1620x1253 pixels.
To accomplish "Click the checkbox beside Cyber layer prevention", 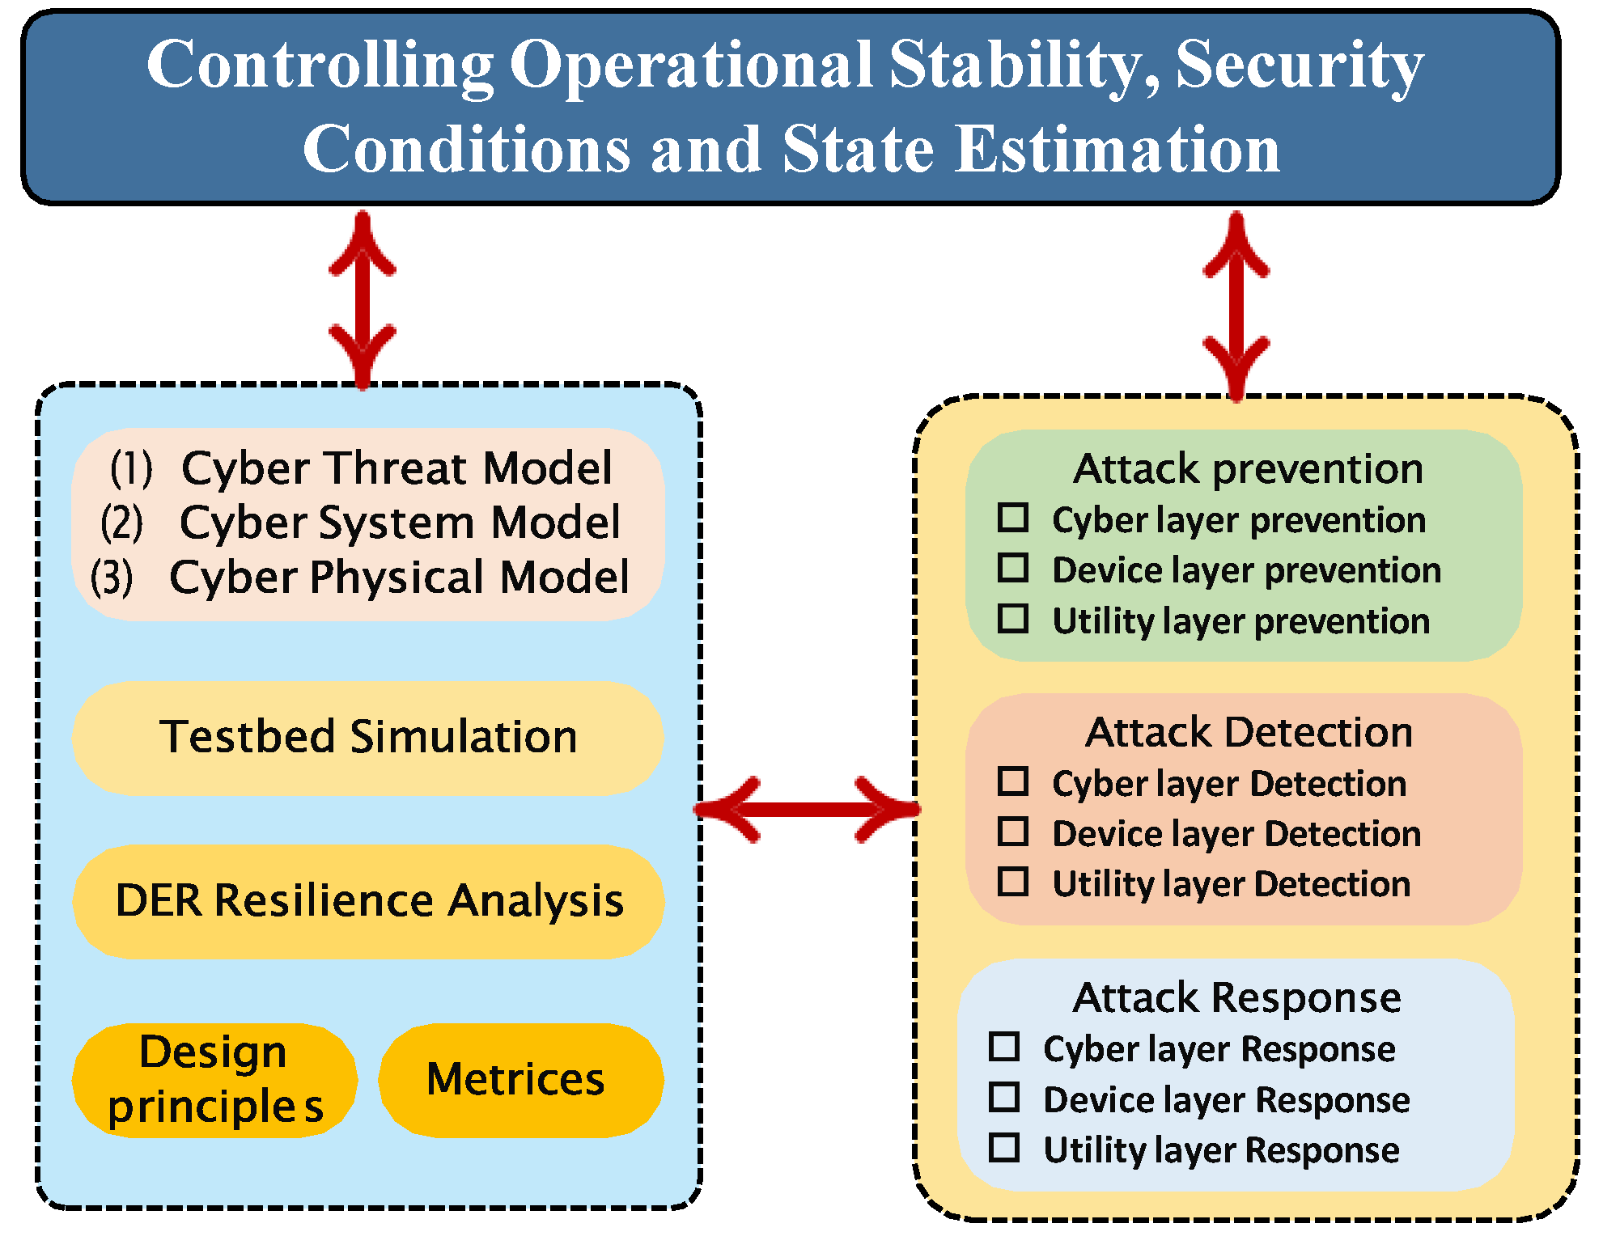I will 1012,518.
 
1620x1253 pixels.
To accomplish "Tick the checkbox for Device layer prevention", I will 1012,568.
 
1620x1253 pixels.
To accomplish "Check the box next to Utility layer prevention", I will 1012,619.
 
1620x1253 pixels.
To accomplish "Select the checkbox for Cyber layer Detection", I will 1012,781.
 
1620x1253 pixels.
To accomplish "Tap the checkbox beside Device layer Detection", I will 1012,832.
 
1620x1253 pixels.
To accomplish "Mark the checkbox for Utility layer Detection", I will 1012,882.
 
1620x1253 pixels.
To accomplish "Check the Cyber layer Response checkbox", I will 1003,1047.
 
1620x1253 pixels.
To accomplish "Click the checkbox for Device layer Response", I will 1003,1098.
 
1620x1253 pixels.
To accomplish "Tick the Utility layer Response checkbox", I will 1003,1148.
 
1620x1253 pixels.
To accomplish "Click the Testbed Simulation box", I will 368,737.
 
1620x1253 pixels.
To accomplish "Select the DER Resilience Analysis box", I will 368,901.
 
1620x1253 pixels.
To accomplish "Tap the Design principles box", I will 214,1080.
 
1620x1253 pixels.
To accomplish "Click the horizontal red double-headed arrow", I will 807,809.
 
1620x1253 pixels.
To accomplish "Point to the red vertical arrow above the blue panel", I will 363,299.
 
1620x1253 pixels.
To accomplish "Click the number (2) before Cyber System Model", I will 121,522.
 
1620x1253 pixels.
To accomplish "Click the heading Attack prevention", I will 1248,468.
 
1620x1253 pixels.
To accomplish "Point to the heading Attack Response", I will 1236,997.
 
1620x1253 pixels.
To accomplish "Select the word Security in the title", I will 1299,65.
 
